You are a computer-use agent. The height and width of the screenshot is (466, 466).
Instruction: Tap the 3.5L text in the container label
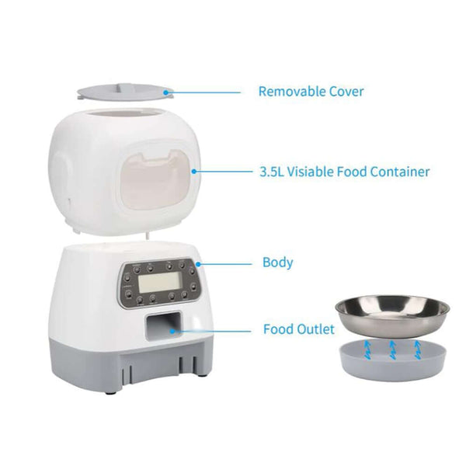(x=273, y=172)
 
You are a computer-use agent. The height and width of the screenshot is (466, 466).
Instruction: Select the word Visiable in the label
(x=318, y=172)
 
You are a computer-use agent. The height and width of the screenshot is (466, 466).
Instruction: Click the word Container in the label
(x=400, y=172)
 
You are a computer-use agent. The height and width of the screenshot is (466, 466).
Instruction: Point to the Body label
(x=278, y=263)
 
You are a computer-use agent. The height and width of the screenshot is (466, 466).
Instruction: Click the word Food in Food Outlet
(x=276, y=329)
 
